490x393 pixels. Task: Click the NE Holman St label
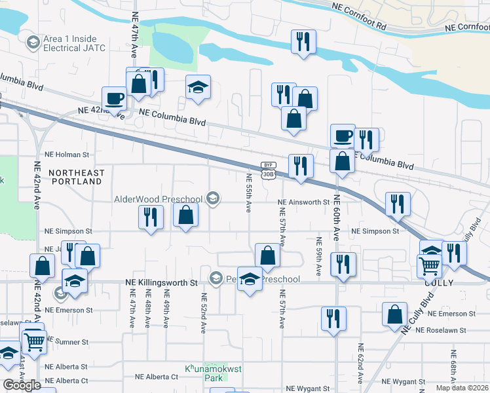[x=66, y=155]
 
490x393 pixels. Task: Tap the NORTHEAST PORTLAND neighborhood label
[x=77, y=177]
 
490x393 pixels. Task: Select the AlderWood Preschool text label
[x=159, y=199]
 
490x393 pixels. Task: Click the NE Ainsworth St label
[x=303, y=203]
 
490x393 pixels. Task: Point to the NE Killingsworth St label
[x=161, y=283]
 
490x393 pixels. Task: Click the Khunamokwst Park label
[x=213, y=373]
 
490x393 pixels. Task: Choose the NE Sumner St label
[x=67, y=342]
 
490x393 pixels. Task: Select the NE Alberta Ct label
[x=157, y=377]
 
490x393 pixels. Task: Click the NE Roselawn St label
[x=459, y=314]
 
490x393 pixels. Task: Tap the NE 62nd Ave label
[x=360, y=362]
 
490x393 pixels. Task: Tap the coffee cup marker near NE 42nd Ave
[x=115, y=99]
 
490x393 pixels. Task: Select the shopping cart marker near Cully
[x=430, y=266]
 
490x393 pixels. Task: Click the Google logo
[x=22, y=385]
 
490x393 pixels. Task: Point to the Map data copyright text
[x=462, y=388]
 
